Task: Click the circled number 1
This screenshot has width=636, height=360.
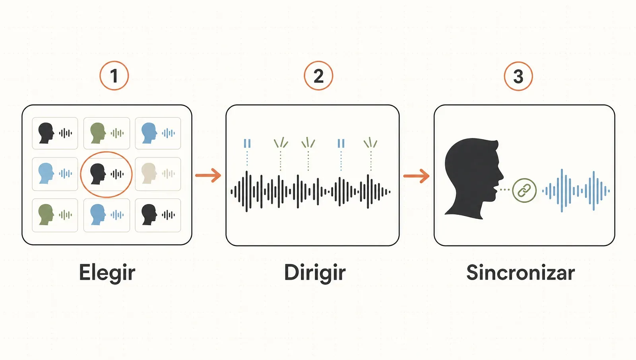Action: tap(114, 76)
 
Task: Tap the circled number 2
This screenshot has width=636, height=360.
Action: tap(318, 76)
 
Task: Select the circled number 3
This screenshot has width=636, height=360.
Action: tap(518, 76)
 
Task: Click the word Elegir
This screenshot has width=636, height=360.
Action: tap(107, 273)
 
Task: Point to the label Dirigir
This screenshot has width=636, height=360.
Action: tap(314, 273)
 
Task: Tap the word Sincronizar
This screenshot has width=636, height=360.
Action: tap(520, 272)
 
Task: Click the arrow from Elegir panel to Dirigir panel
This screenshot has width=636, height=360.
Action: tap(208, 175)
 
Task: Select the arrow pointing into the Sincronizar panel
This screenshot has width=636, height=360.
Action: tap(416, 176)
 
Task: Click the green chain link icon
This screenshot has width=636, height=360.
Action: tap(524, 191)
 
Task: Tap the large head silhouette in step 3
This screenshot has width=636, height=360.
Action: tap(473, 179)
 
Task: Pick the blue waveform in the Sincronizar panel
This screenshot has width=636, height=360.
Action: tap(576, 191)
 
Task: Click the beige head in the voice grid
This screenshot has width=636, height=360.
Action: tap(149, 173)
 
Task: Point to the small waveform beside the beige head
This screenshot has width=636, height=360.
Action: tap(169, 173)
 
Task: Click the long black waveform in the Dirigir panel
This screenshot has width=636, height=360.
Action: tap(310, 192)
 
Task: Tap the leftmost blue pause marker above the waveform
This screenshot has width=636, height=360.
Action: tap(247, 143)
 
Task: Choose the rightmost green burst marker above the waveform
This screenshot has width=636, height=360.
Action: tap(370, 143)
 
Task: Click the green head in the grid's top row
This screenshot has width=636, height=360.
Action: tap(98, 133)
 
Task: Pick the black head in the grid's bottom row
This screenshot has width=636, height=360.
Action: tap(149, 215)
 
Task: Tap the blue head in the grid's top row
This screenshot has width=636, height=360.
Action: tap(149, 133)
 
